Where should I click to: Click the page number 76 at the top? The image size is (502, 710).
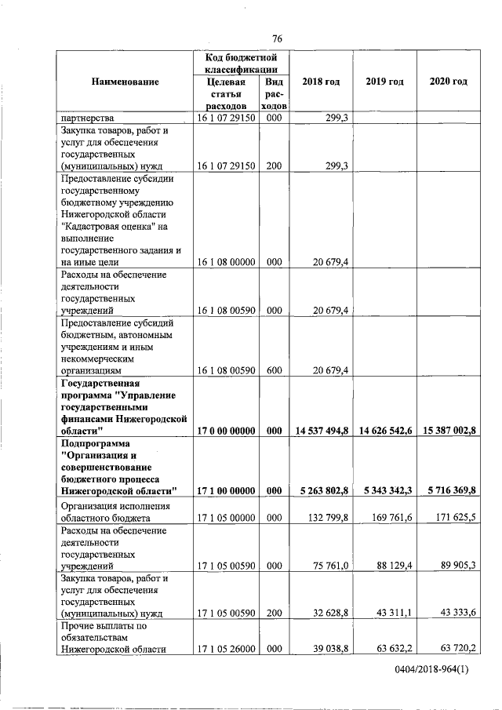click(x=277, y=39)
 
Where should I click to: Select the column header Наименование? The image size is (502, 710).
click(x=125, y=82)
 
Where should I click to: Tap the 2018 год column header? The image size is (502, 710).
click(x=321, y=82)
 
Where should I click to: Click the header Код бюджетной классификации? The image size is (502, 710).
click(x=242, y=64)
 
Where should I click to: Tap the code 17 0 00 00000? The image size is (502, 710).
click(x=227, y=431)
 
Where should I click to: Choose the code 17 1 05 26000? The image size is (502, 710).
click(x=227, y=648)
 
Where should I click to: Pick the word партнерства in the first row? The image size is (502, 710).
click(x=87, y=118)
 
